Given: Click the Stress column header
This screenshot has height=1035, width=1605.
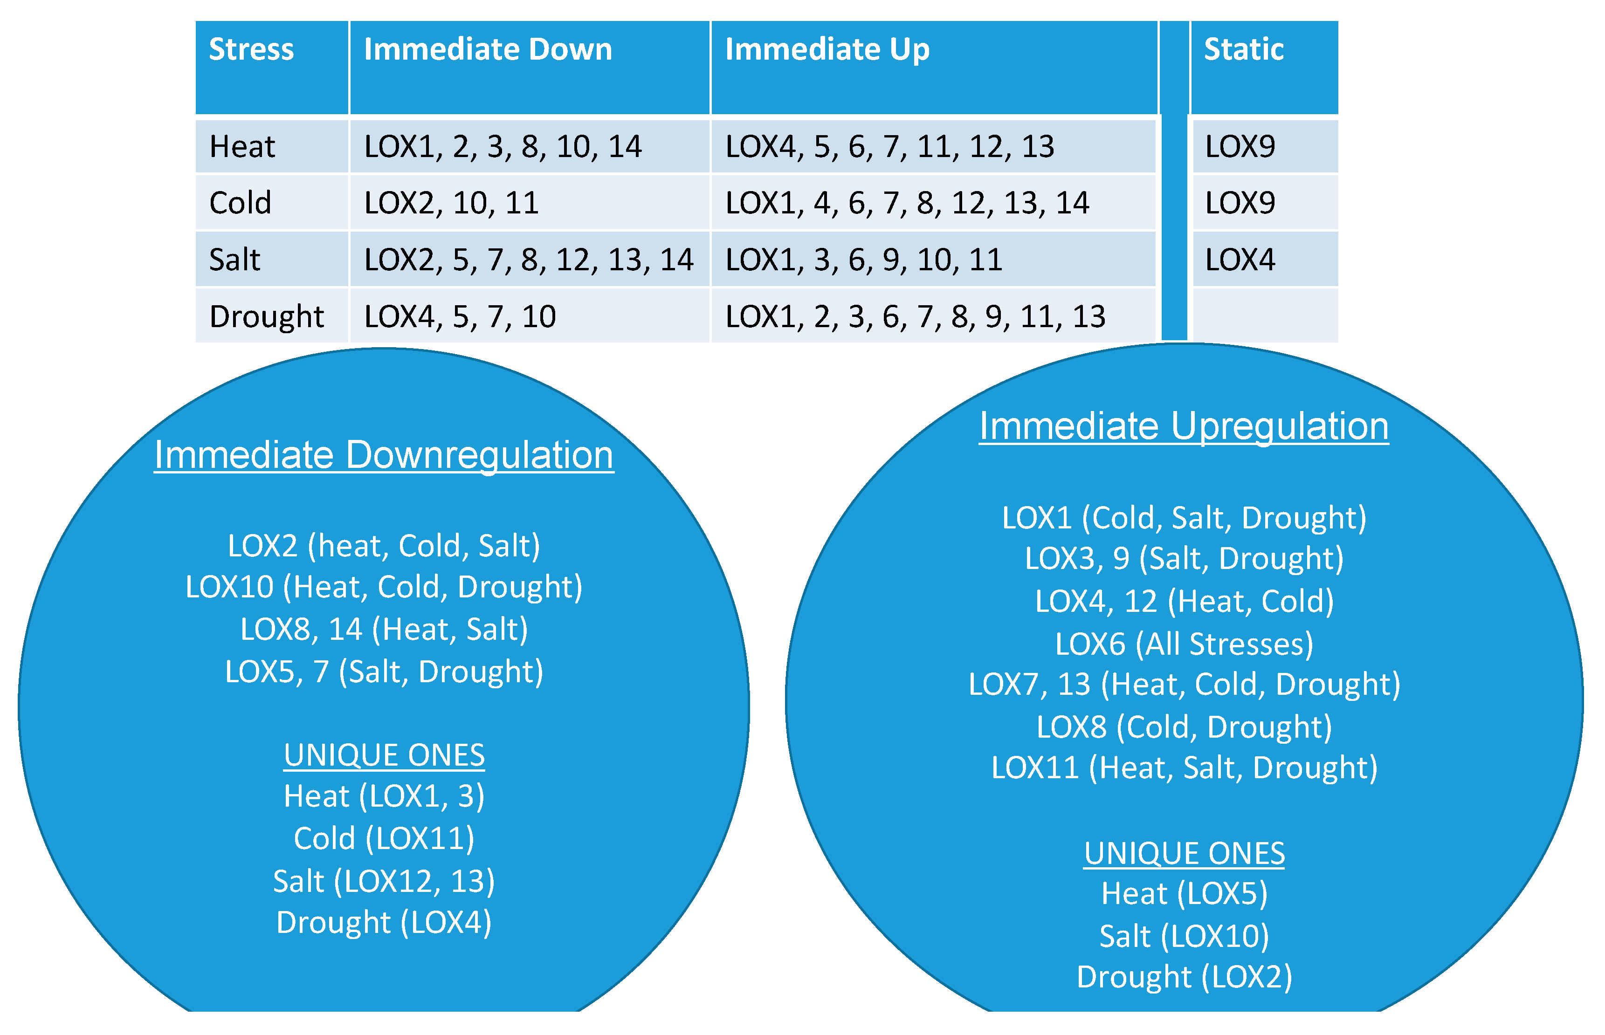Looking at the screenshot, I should (251, 50).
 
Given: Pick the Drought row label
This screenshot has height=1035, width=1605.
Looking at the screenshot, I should (266, 316).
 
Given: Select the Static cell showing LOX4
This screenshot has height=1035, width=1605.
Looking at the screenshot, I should (1240, 260).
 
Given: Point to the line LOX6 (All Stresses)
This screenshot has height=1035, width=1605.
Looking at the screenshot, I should (1184, 644).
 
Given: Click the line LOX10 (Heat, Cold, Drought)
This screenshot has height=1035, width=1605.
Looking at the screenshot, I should (384, 587).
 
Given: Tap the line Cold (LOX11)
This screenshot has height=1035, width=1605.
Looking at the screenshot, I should (384, 839).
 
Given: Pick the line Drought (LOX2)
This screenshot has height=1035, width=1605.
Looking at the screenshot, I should (1184, 977).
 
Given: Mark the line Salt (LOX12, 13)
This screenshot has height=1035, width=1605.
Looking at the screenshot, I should (384, 881).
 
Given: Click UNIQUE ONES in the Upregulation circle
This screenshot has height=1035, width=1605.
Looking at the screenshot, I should (1184, 854).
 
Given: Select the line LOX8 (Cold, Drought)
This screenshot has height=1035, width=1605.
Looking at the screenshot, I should (1184, 727).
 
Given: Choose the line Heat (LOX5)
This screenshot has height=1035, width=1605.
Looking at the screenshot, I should (1184, 894).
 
